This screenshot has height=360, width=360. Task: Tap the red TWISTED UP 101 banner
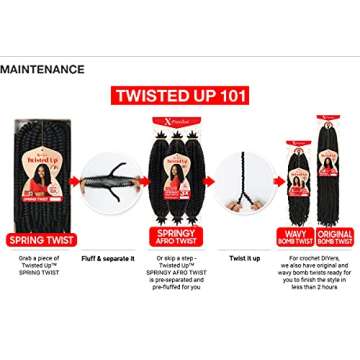coord(179,97)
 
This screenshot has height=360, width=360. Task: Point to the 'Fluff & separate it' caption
coord(107,259)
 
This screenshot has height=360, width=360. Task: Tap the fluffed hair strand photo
coord(111,184)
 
